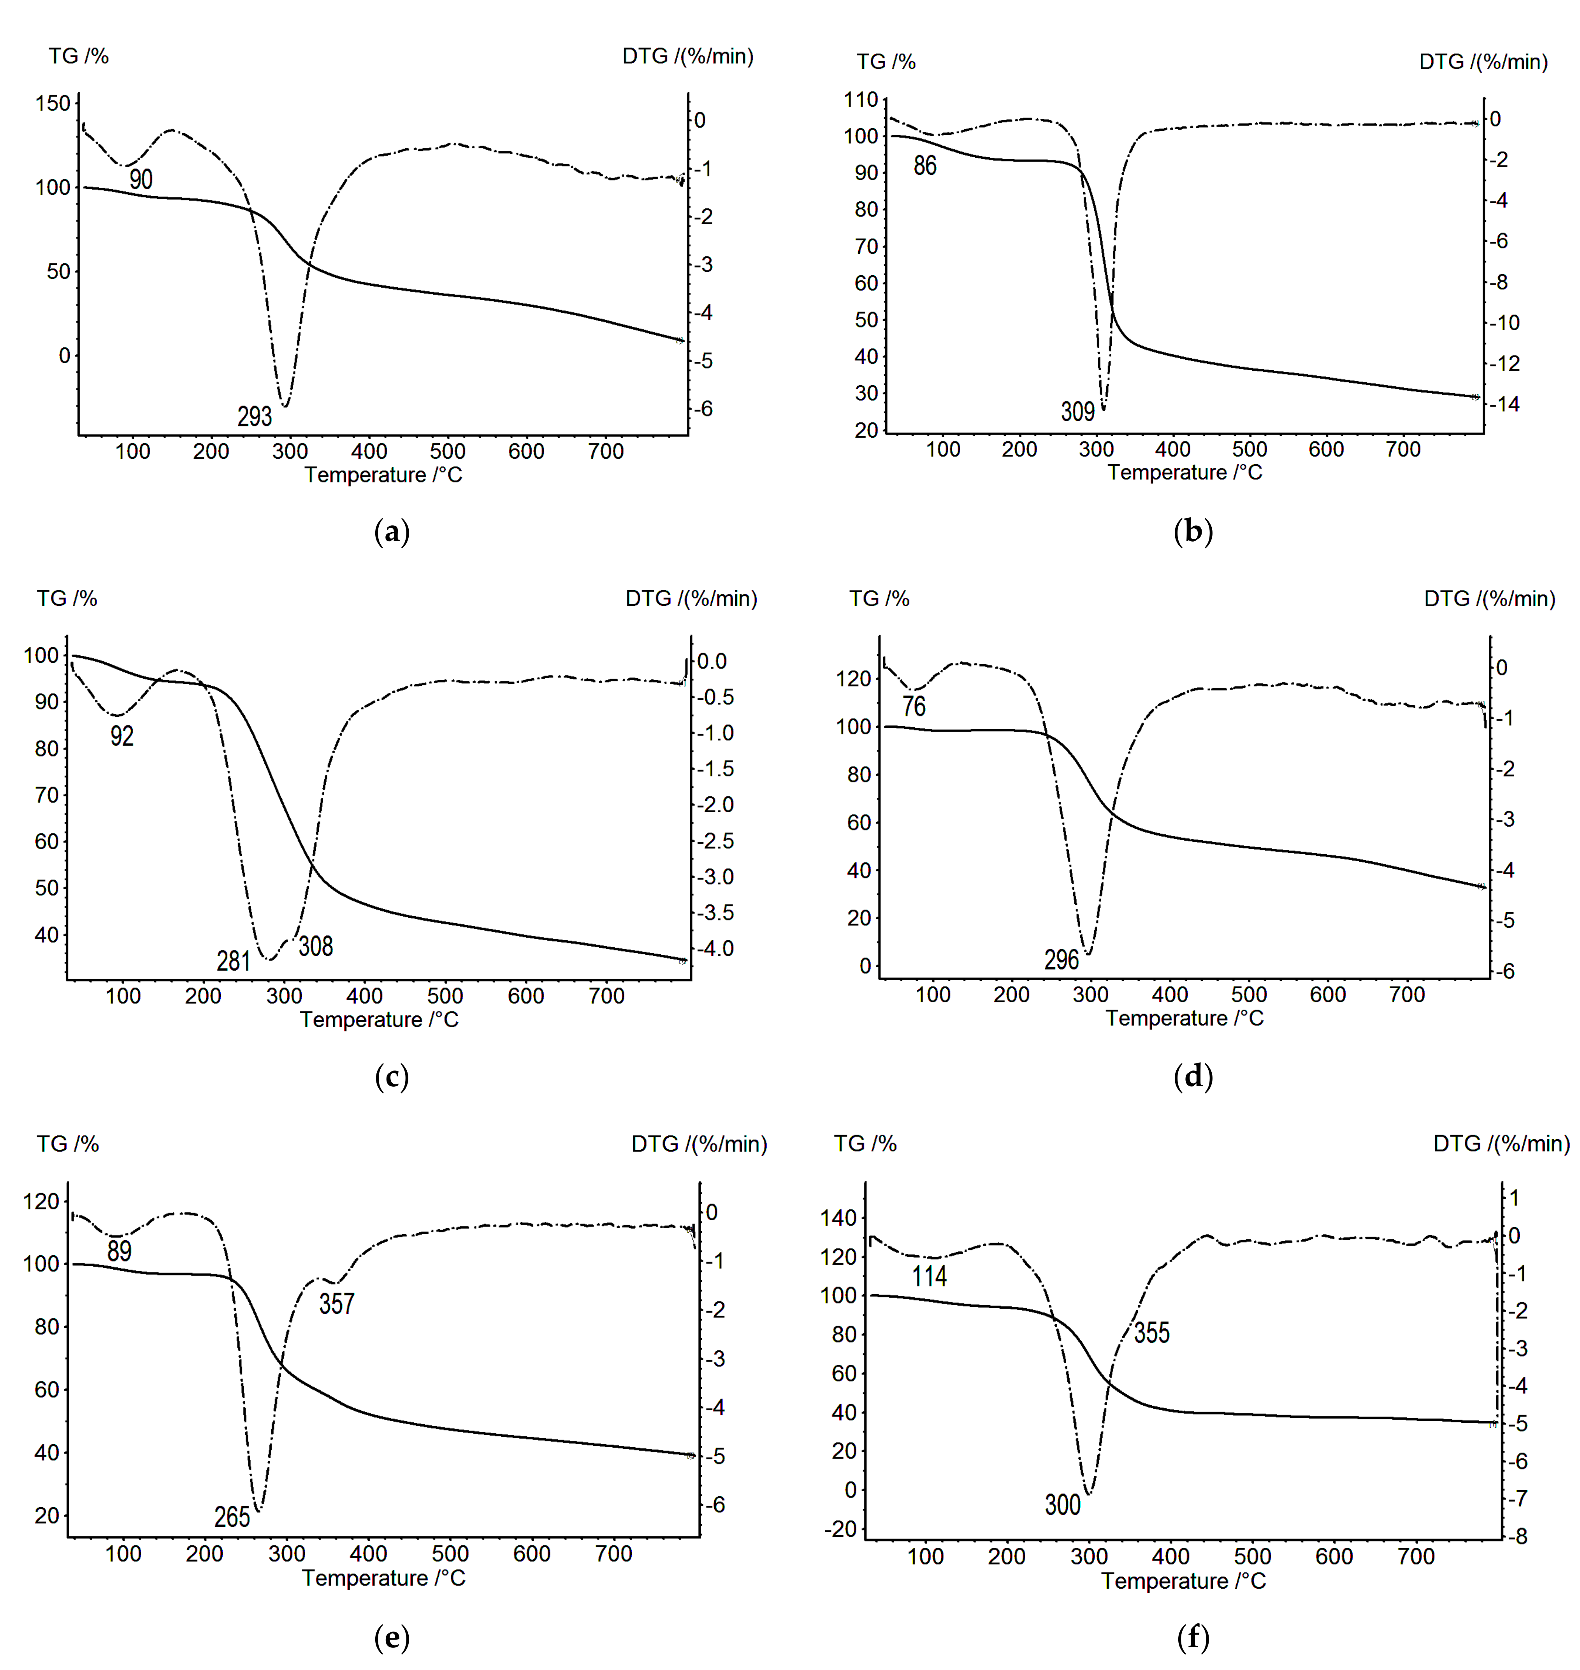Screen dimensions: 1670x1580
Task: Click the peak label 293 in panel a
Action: [254, 416]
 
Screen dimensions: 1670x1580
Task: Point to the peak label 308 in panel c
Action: [316, 946]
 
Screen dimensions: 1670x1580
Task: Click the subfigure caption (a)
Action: [392, 531]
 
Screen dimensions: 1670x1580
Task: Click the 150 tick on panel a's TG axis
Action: [52, 104]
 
